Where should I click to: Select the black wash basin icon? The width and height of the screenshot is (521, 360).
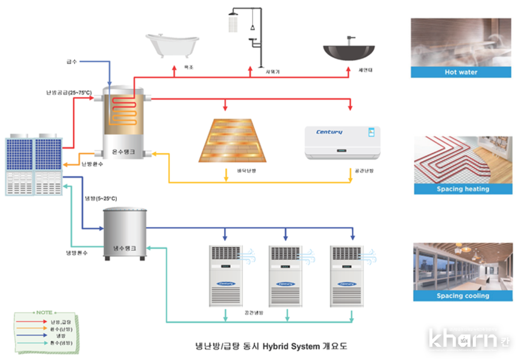pos(349,51)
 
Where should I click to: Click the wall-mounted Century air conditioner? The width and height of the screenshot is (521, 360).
pos(343,142)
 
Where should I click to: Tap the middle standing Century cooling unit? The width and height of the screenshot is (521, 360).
pos(284,276)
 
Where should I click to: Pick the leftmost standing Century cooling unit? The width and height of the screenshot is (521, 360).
pos(224,276)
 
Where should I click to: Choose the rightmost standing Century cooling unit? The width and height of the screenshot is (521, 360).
pos(347,276)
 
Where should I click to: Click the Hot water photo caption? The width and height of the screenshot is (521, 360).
pos(461,72)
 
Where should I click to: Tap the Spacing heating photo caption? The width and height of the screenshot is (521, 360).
pos(463,189)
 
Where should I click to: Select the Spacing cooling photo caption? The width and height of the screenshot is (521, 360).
pos(463,296)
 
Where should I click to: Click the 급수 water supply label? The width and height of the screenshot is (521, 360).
pos(72,61)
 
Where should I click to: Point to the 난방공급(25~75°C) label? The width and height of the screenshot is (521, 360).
pos(69,93)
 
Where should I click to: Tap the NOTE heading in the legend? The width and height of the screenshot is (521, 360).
pos(44,312)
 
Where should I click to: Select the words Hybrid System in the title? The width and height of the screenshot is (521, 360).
pos(292,346)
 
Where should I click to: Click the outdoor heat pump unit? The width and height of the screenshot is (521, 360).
pos(34,166)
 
